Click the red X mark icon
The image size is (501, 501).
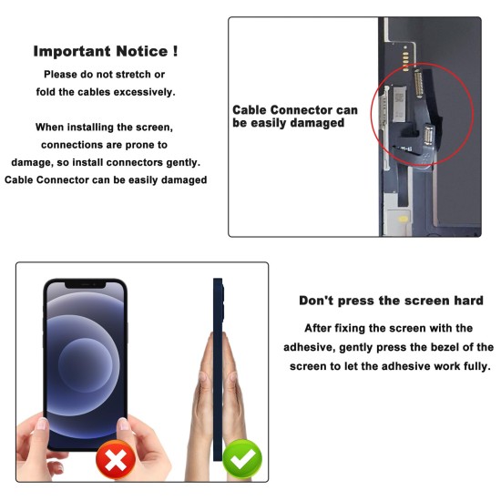pos(116,459)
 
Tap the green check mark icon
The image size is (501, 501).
pos(242,459)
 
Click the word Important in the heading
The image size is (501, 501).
pos(72,51)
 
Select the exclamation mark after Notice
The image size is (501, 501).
pos(175,51)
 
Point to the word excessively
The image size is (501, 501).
pos(145,92)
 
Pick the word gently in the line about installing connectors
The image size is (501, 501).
pos(183,163)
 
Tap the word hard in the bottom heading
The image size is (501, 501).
pos(468,301)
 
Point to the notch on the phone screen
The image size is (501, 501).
pos(86,284)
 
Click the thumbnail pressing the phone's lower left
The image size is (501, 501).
pos(42,424)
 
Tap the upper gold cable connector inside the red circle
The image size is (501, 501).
pos(419,84)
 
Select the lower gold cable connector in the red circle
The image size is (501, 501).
pos(428,134)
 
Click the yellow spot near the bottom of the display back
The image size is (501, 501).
pos(404,220)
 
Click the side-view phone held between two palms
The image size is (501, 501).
pos(219,370)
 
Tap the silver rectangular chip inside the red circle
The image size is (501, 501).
pos(399,104)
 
